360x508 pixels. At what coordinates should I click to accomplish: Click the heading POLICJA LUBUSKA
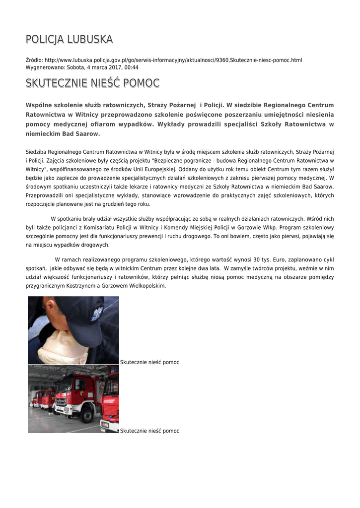(x=69, y=39)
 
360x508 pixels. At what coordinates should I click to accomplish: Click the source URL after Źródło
(x=173, y=60)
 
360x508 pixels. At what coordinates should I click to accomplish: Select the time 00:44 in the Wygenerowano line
(x=132, y=67)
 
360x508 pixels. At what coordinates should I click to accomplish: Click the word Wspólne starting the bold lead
(x=40, y=105)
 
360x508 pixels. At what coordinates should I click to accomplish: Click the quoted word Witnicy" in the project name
(x=37, y=169)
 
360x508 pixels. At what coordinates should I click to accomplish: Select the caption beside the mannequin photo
(x=149, y=363)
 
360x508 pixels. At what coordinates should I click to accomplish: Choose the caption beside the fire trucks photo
(x=149, y=431)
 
